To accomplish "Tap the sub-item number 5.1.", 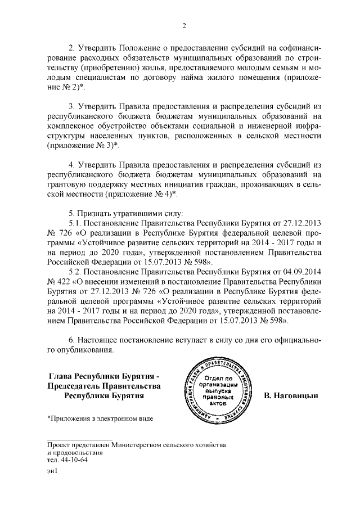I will click(76, 225).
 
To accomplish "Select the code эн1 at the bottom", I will click(52, 473).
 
